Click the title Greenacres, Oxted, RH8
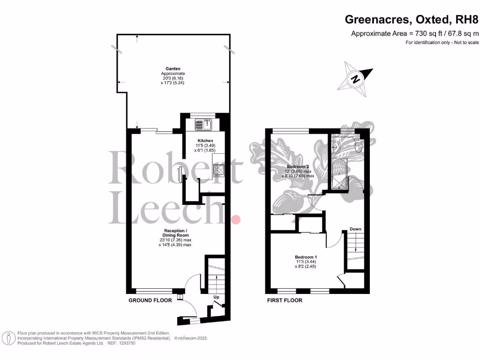[x=412, y=20]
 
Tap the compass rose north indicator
[x=356, y=79]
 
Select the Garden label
[x=173, y=68]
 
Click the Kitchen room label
[x=205, y=141]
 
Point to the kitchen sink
[x=204, y=124]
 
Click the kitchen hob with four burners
[x=219, y=171]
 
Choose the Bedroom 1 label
[x=306, y=257]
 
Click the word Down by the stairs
[x=355, y=229]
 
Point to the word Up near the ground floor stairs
[x=216, y=297]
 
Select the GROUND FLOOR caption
[x=150, y=300]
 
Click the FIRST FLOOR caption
[x=285, y=300]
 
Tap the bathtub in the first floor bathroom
[x=337, y=173]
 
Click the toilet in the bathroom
[x=359, y=147]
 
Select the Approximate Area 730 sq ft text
[x=415, y=33]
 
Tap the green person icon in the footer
[x=8, y=337]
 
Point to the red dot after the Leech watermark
[x=237, y=219]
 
